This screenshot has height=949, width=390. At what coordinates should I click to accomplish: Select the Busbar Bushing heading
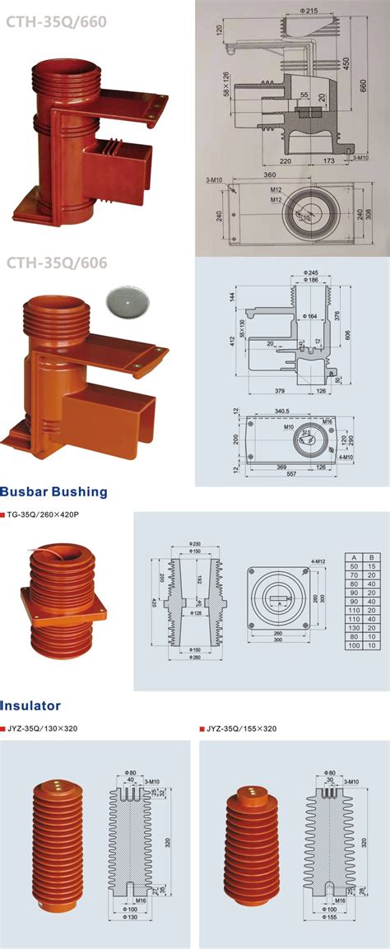pyautogui.click(x=54, y=492)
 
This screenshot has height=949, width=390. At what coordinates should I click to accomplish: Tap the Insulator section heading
pyautogui.click(x=30, y=705)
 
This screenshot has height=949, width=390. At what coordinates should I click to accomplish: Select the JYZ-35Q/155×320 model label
pyautogui.click(x=240, y=729)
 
